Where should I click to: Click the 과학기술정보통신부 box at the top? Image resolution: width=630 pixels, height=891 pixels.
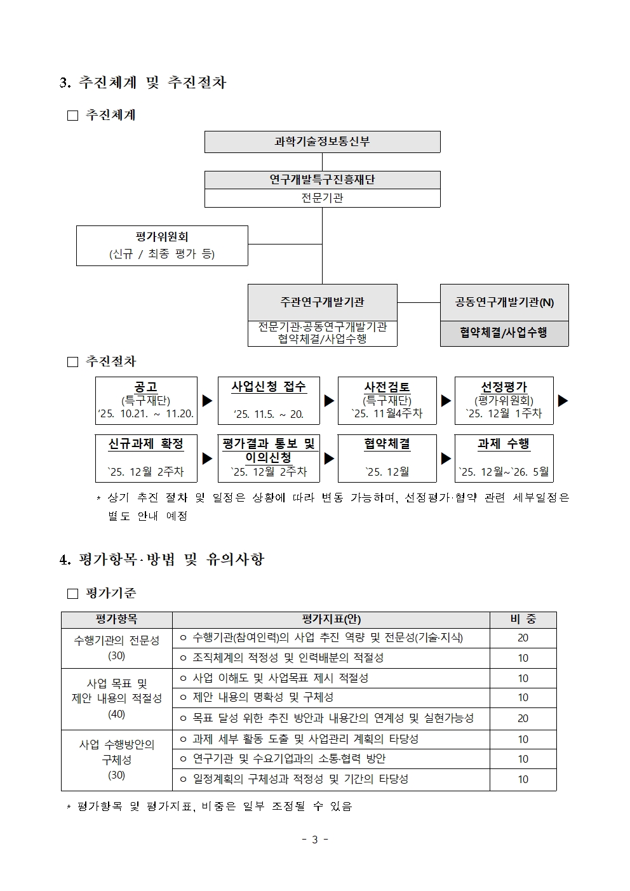click(322, 142)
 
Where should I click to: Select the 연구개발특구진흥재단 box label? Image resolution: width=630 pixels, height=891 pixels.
click(322, 180)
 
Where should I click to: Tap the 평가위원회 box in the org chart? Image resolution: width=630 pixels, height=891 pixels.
click(162, 245)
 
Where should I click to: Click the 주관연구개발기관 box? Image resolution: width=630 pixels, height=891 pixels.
click(322, 302)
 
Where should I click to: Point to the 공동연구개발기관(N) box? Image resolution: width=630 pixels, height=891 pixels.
click(504, 302)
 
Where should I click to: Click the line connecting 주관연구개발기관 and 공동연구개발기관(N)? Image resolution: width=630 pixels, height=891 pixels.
click(419, 303)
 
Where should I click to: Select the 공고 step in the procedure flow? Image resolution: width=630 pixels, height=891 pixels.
click(145, 387)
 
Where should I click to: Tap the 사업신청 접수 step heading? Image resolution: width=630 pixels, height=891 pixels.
click(268, 386)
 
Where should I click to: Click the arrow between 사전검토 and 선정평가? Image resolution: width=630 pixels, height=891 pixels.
click(446, 401)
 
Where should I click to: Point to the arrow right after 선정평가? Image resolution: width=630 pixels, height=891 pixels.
click(563, 401)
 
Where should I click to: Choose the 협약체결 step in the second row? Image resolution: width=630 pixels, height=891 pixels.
click(387, 444)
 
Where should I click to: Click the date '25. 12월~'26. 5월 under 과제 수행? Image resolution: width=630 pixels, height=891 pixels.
click(504, 472)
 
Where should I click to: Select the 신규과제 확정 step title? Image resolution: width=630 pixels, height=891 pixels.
click(145, 444)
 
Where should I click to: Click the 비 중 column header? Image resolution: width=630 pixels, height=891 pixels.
click(523, 619)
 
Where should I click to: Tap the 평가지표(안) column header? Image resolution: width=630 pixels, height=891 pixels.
click(331, 619)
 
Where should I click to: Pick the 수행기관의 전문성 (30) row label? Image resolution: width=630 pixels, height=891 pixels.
click(117, 648)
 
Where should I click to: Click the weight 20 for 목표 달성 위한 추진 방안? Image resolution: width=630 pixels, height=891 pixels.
click(523, 718)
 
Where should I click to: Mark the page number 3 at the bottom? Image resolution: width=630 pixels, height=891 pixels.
click(315, 840)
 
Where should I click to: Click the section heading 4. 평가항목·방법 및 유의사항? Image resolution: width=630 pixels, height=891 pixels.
click(161, 559)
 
